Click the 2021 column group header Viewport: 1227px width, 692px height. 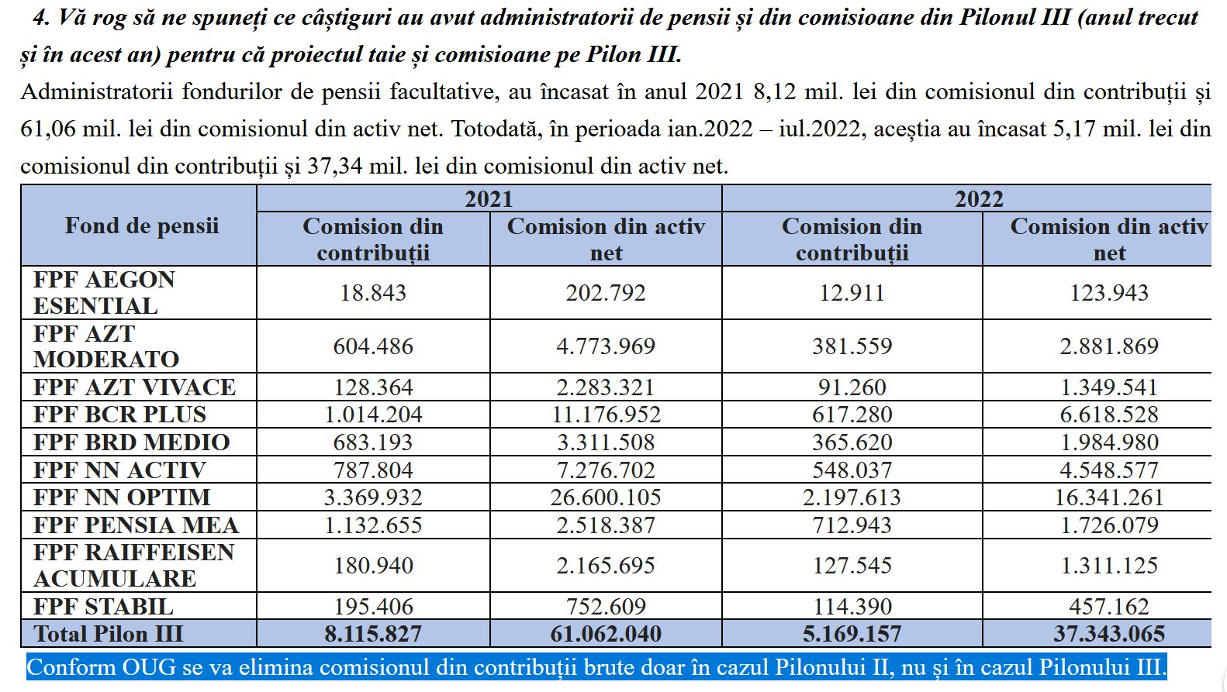(x=489, y=199)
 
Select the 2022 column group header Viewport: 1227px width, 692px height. (x=979, y=199)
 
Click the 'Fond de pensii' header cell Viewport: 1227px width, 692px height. (x=141, y=226)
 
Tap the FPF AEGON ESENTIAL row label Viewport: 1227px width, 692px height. (x=104, y=292)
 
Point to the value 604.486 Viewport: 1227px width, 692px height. (x=373, y=346)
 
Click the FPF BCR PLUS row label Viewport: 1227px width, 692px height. (x=119, y=415)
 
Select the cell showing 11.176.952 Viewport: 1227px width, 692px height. (x=606, y=415)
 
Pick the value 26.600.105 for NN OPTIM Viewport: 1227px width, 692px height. (x=606, y=497)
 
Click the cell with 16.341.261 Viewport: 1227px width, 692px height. (x=1109, y=497)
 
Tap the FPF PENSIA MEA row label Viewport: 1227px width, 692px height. (x=136, y=525)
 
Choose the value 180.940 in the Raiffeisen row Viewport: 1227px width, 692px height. (x=373, y=566)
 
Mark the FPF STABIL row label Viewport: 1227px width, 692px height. (x=103, y=607)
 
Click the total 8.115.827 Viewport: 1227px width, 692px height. (x=373, y=634)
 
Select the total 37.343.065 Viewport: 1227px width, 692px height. (x=1109, y=634)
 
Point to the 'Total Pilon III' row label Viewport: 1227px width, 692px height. (x=109, y=634)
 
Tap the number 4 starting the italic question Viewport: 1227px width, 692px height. (x=40, y=18)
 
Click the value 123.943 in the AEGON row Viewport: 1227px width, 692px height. (x=1109, y=293)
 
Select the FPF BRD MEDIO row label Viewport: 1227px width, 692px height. (x=131, y=442)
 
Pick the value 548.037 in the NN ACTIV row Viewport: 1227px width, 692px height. (x=852, y=470)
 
